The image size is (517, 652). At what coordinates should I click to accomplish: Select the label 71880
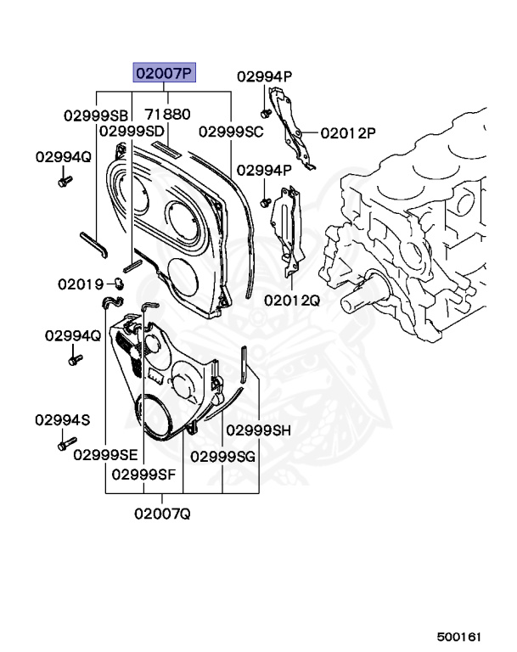167,114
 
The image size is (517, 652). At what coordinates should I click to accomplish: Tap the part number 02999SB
95,115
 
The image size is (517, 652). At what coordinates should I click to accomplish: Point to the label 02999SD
132,131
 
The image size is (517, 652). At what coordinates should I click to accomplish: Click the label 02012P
348,132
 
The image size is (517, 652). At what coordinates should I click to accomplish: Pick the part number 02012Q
291,300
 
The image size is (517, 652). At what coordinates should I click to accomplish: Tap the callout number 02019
80,284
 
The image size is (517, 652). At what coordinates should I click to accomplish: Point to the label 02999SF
143,474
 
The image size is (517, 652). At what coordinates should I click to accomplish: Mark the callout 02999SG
222,456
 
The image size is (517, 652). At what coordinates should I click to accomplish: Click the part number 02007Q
162,513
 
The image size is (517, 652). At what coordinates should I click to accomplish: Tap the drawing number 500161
459,635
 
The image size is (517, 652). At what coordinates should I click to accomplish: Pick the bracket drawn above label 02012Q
287,229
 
